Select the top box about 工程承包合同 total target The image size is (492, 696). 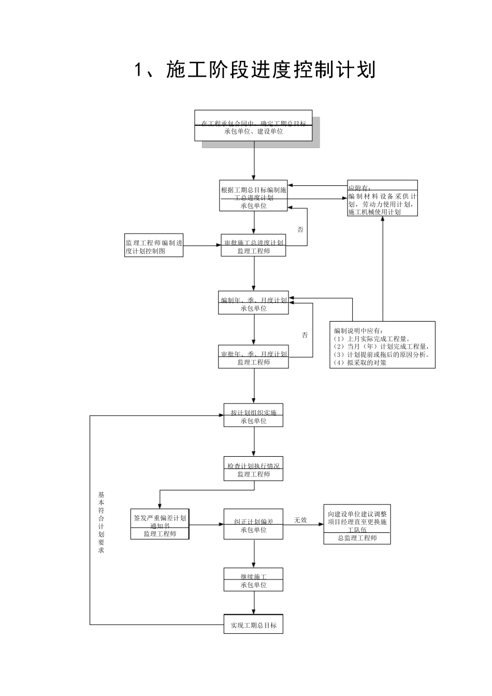click(253, 125)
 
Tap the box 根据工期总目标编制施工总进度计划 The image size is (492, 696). click(253, 196)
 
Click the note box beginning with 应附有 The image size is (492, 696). click(382, 198)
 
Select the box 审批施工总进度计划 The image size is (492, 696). click(253, 245)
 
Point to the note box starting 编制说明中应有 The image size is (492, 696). click(382, 345)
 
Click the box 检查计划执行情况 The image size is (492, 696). click(253, 469)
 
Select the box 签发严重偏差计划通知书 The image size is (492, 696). click(160, 524)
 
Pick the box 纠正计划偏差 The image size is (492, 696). click(253, 524)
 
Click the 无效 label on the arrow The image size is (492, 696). click(300, 519)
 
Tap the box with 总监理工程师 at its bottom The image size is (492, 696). click(357, 524)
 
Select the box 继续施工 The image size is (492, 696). click(253, 579)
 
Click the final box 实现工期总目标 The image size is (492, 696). click(253, 625)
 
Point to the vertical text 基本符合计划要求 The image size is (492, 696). click(101, 522)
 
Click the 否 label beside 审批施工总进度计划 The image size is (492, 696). click(300, 229)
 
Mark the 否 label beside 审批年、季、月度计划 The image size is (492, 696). click(305, 335)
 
